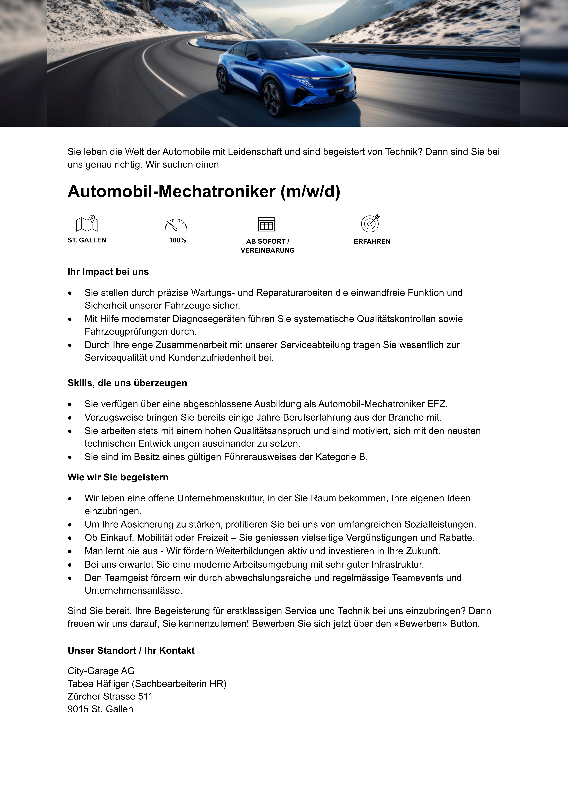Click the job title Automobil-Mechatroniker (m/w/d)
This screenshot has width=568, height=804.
[204, 192]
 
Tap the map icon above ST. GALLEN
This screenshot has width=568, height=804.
[87, 223]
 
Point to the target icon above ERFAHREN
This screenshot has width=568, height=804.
[370, 223]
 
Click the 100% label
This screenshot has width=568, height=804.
[177, 240]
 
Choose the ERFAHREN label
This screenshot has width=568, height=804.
[372, 241]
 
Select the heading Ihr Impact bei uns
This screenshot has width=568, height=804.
[108, 272]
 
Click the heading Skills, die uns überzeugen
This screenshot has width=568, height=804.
[127, 383]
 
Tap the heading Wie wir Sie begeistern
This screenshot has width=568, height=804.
[118, 477]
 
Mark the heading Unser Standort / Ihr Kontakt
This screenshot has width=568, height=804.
[131, 651]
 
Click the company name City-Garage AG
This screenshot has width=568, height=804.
[101, 671]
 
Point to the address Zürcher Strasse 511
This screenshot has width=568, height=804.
[110, 696]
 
